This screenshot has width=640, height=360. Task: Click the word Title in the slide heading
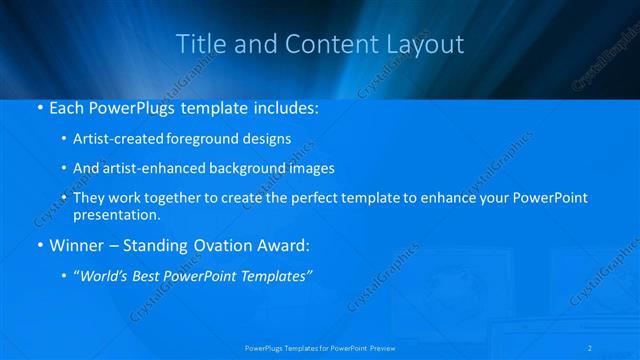[198, 44]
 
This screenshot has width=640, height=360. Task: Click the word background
[247, 169]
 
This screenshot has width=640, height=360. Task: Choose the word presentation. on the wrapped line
[117, 214]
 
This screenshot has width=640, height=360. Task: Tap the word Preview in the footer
[380, 348]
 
